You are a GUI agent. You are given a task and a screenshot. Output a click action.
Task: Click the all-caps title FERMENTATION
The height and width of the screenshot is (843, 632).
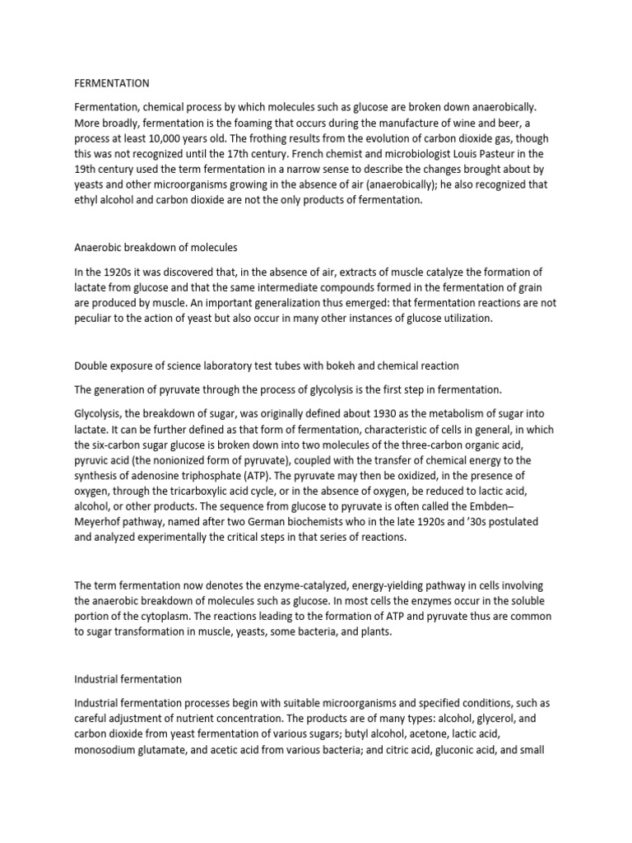click(112, 83)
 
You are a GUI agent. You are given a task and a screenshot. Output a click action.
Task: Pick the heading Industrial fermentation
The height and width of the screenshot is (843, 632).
click(128, 679)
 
